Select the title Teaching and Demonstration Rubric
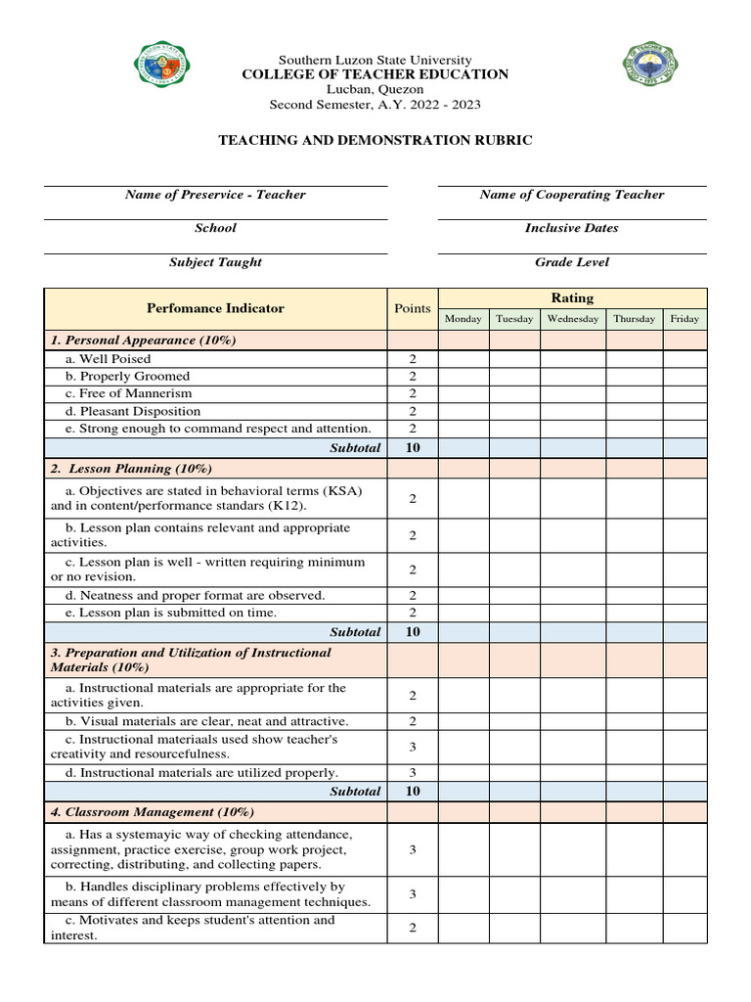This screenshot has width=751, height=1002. [x=375, y=140]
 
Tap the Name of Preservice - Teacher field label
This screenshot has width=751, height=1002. [x=215, y=195]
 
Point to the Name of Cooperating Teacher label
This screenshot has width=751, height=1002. [x=571, y=195]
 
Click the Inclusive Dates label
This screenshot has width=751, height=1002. [x=571, y=228]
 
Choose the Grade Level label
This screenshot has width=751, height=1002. [x=571, y=262]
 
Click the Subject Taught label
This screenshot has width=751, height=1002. [x=215, y=262]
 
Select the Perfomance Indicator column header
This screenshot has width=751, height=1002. [x=215, y=308]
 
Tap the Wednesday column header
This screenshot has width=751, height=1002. [x=573, y=319]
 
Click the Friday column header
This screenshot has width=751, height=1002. [x=685, y=319]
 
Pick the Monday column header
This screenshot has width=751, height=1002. [x=464, y=319]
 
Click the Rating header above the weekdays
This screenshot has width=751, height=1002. [x=572, y=297]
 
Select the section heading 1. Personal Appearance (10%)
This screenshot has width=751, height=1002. [x=144, y=341]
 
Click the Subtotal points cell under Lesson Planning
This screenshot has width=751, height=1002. [x=412, y=632]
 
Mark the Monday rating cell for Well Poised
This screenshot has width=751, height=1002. [x=464, y=359]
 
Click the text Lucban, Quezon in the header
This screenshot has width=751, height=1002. [x=375, y=89]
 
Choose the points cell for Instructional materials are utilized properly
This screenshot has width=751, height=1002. [x=412, y=773]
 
